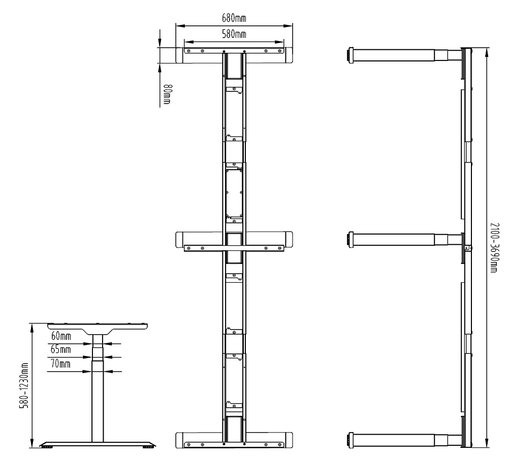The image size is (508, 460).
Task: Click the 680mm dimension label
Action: [234, 18]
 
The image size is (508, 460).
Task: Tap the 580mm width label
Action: [234, 34]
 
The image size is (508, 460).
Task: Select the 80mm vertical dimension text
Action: [167, 94]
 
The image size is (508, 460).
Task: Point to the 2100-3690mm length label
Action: [494, 248]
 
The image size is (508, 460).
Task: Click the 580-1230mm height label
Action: [24, 385]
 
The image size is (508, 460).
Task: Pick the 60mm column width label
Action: [61, 336]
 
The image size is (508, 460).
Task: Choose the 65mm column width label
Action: [60, 349]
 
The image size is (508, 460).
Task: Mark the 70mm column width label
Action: [60, 364]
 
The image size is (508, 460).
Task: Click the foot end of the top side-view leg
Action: [351, 55]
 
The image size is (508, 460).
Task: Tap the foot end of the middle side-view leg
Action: [351, 240]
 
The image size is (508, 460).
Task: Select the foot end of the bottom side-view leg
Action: [351, 440]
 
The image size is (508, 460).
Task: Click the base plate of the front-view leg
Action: [98, 444]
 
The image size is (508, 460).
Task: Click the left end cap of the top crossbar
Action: [180, 55]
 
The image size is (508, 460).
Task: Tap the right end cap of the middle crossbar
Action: [288, 240]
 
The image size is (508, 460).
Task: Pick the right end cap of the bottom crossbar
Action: [288, 440]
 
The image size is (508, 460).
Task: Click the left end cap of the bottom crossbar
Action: [180, 440]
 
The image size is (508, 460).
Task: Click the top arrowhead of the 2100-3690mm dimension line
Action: [487, 52]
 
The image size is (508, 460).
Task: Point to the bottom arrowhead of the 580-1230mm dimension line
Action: [31, 443]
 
